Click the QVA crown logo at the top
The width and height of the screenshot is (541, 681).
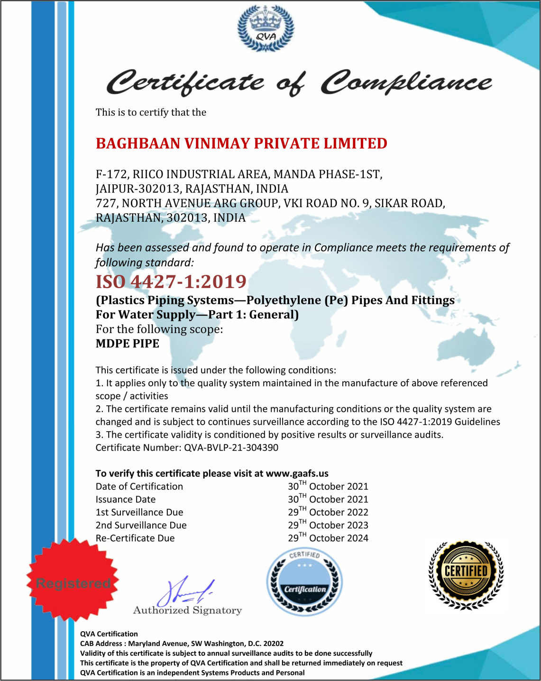266,28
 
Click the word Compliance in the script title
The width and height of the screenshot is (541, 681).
406,82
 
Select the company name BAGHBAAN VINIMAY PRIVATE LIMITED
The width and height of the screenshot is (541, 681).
241,143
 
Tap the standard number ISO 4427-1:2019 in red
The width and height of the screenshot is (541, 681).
171,281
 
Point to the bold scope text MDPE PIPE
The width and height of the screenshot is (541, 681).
128,344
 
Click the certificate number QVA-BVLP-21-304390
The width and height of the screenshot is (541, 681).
231,447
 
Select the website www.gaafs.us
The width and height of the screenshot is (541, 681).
297,473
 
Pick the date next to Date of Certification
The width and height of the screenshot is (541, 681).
328,486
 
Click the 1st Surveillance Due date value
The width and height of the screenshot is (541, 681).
328,512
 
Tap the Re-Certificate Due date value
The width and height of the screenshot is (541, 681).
328,538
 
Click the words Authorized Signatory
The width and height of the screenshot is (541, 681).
187,610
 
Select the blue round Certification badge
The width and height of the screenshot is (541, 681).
304,582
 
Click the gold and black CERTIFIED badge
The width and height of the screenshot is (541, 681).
466,574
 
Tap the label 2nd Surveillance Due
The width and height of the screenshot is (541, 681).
141,525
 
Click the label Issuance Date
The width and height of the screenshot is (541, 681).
126,499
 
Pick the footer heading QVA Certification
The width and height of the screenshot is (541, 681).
109,634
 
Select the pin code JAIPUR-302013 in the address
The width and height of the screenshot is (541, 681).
138,189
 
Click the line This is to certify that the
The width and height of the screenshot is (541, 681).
151,112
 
